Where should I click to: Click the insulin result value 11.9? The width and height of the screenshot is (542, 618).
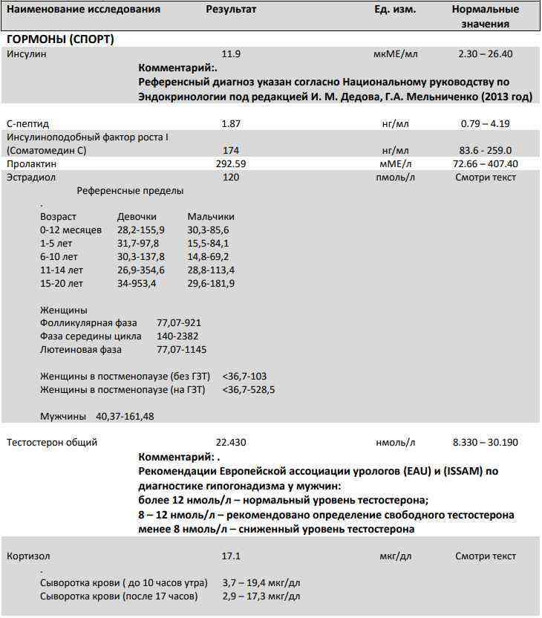coord(231,54)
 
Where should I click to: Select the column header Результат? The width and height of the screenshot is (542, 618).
coord(231,10)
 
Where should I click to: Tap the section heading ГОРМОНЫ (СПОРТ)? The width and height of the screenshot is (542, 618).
coord(61,39)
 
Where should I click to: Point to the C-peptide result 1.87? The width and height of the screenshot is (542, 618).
coord(231,123)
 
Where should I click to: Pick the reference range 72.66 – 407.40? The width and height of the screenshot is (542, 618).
coord(486,163)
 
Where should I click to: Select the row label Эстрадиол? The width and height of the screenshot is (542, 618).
coord(31,178)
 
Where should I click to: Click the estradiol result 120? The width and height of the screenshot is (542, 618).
coord(231,178)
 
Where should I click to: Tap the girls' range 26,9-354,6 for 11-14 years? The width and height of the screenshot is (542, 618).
coord(141,270)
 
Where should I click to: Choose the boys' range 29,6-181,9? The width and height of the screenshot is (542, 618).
coord(211,283)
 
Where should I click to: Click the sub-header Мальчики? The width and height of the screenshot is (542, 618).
coord(211,216)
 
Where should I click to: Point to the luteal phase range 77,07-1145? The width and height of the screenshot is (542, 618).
coord(182,349)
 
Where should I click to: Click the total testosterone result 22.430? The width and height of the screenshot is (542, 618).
coord(231,443)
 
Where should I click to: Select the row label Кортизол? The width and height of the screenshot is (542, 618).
coord(29,556)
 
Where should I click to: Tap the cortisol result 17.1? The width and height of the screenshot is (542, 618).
coord(231,556)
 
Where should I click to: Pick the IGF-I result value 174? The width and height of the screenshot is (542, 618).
coord(231,150)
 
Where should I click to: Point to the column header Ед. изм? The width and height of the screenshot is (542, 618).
coord(395,10)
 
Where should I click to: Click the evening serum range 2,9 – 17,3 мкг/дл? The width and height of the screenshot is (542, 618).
coord(261,596)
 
